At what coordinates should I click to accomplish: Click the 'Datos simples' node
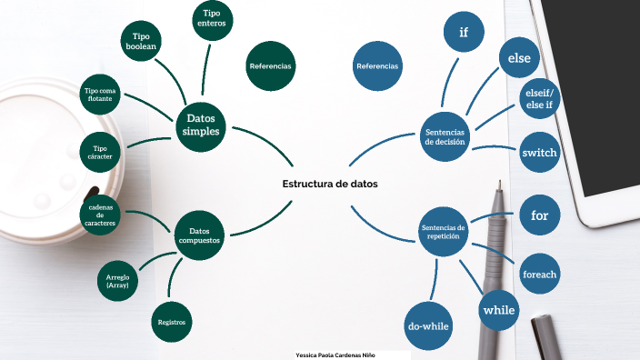point(201,125)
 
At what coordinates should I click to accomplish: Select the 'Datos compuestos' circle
point(199,235)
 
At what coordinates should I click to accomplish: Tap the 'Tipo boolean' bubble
point(141,42)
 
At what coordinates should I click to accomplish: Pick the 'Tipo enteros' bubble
point(212,20)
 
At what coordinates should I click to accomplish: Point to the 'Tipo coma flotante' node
point(101,94)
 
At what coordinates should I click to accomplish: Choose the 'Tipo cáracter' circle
point(101,152)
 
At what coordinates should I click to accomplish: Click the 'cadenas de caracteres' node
point(100,216)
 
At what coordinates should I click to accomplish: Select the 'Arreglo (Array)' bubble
point(118,281)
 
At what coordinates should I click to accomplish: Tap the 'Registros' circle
point(172,322)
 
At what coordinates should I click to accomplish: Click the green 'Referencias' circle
point(270,66)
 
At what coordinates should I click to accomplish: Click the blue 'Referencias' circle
point(377,66)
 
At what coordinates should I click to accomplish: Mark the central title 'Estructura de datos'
point(330,184)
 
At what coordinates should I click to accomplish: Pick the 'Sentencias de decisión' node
point(445,137)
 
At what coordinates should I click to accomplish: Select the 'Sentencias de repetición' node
point(444,232)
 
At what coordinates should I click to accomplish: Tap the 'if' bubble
point(464,33)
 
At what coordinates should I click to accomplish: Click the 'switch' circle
point(539,153)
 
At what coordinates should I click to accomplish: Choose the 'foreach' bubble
point(539,274)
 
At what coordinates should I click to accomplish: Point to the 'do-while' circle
point(428,325)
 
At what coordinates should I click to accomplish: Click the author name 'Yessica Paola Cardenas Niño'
point(335,354)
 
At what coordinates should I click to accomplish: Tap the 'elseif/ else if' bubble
point(539,98)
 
